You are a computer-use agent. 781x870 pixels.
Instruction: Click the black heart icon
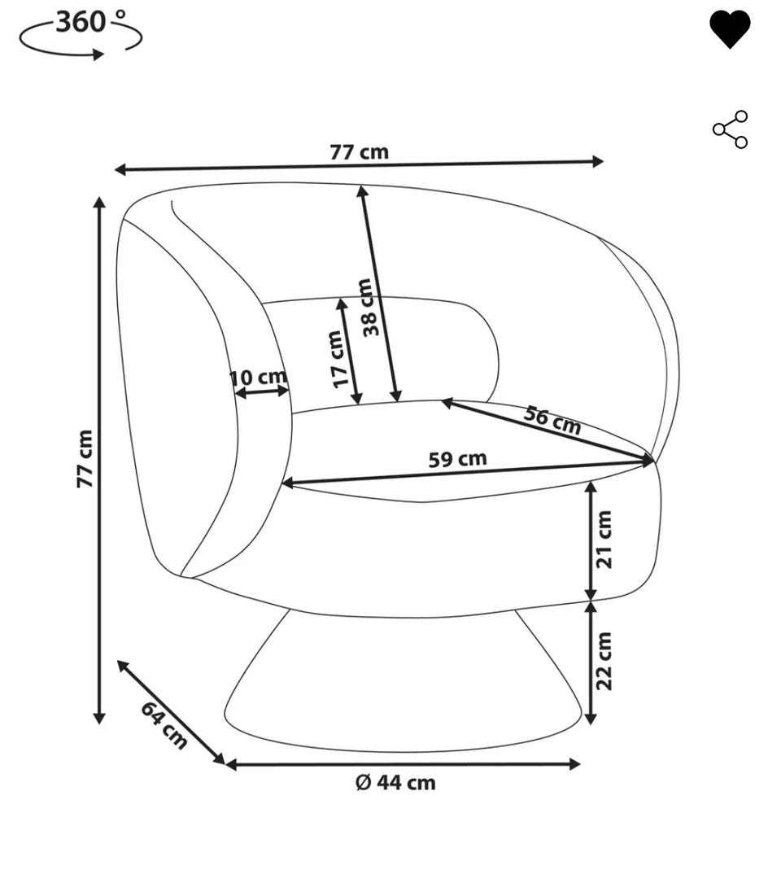coord(730,29)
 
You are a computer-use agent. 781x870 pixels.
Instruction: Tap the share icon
coord(731,129)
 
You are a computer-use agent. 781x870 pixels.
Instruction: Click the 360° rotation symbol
coord(81,34)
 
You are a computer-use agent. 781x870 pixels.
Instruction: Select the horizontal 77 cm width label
coord(360,152)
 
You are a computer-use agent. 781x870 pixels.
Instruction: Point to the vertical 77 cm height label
coord(85,459)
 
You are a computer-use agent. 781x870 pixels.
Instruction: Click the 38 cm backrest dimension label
coord(368,307)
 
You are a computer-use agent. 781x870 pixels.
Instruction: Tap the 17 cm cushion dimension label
coord(338,358)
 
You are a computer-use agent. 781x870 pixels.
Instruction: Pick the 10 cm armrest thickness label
coord(259,378)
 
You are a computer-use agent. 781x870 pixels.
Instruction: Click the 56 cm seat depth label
coord(552,421)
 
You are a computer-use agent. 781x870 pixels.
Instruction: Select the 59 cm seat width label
coord(457,459)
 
